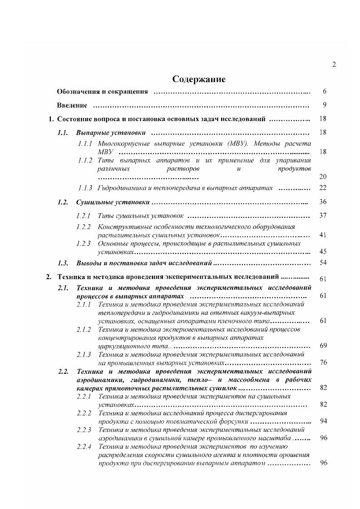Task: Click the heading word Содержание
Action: pos(199,79)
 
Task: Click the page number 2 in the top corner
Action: pos(334,64)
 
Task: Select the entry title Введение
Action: pos(72,105)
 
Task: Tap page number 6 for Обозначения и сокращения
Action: pos(325,92)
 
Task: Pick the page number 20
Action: pos(323,176)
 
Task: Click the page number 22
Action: pos(323,188)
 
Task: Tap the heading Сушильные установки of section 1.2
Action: pos(113,202)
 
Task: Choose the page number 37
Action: pos(323,215)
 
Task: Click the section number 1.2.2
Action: pos(84,227)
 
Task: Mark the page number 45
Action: pos(323,251)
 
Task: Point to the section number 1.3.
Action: pos(63,263)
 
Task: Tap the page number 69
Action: pos(323,346)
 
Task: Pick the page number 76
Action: pos(323,362)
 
